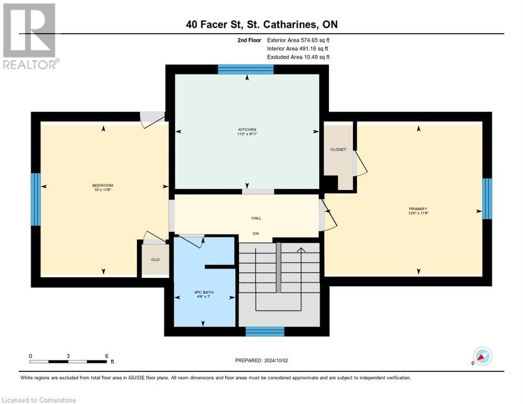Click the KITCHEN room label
pos(247,129)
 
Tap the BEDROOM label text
pos(103,185)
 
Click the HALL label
pos(256,218)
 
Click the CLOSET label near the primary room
pos(338,149)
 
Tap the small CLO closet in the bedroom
pos(155,259)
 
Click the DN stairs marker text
pos(256,233)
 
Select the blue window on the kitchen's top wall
pos(246,69)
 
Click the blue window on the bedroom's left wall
pos(35,199)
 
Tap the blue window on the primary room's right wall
pos(487,198)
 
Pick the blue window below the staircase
pos(265,331)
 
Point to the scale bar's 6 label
pos(107,356)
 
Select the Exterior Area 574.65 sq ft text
pos(298,39)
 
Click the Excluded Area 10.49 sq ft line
pos(298,57)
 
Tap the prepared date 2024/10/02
pos(261,360)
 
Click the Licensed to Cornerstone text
pos(39,400)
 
